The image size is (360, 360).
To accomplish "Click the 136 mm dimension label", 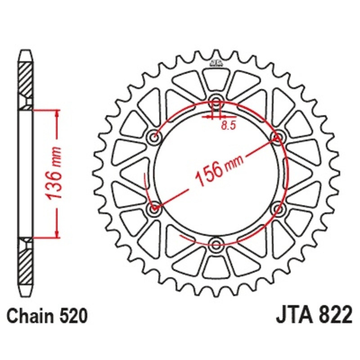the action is pos(53,173).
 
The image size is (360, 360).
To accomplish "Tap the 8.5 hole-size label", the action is pos(229,126).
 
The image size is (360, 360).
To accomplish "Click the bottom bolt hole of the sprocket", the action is pos(216,244).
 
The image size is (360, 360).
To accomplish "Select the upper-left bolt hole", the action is pos(154,137).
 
